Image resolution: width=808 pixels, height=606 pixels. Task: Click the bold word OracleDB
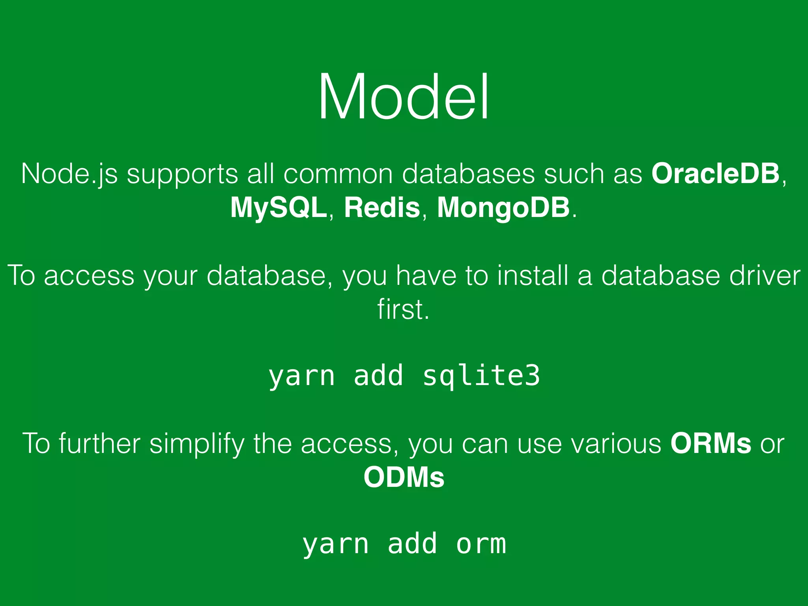(715, 174)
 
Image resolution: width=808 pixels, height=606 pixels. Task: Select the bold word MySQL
(278, 208)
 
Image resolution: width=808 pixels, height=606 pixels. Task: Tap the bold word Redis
(382, 208)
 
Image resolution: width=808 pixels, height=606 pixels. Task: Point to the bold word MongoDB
(503, 208)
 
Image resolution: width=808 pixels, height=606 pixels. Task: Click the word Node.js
(69, 174)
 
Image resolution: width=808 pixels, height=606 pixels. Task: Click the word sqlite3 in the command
(481, 376)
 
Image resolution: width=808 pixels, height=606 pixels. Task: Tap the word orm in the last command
(481, 545)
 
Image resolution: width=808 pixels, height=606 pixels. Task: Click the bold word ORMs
(711, 444)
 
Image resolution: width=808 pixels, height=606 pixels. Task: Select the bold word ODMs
(404, 478)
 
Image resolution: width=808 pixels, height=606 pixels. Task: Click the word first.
(403, 309)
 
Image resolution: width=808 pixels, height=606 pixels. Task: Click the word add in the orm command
(412, 544)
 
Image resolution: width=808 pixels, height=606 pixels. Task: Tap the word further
(100, 444)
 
